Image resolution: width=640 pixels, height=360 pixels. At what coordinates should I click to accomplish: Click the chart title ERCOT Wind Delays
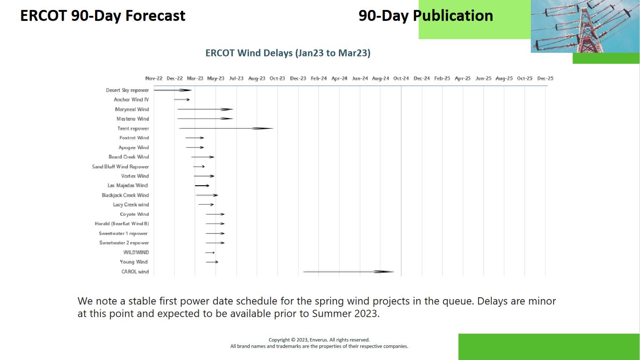[288, 53]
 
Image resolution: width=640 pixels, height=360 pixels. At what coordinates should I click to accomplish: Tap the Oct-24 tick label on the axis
[401, 78]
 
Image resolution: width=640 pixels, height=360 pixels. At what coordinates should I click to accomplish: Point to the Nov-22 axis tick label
[154, 78]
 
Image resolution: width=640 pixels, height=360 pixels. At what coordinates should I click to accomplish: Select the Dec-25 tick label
[545, 78]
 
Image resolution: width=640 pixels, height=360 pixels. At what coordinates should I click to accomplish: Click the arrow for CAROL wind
[348, 272]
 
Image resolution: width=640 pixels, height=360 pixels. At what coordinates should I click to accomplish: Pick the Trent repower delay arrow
[226, 128]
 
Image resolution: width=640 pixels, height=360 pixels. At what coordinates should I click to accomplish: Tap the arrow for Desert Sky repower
[172, 90]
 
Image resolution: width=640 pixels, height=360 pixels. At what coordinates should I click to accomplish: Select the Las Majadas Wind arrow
[202, 186]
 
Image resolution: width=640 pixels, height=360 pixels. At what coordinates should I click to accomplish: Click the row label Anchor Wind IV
[131, 100]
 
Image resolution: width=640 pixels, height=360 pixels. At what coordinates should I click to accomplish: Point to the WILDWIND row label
[136, 253]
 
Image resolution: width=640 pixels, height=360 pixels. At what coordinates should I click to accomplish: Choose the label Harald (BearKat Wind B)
[122, 223]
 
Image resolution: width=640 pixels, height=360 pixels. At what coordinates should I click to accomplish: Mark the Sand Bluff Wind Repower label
[120, 167]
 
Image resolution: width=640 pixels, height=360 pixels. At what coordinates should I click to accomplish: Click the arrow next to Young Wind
[212, 262]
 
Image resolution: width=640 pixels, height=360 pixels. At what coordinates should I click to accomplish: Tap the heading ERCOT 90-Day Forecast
[102, 16]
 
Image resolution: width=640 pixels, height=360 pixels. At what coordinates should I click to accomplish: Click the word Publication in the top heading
[453, 16]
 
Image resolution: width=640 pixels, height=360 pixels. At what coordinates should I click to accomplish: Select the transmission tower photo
[585, 26]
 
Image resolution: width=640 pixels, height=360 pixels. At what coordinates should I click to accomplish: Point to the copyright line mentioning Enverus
[319, 340]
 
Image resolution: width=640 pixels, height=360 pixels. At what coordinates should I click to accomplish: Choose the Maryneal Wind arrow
[205, 109]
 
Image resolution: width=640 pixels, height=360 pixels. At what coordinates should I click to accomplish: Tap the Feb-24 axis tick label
[318, 78]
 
